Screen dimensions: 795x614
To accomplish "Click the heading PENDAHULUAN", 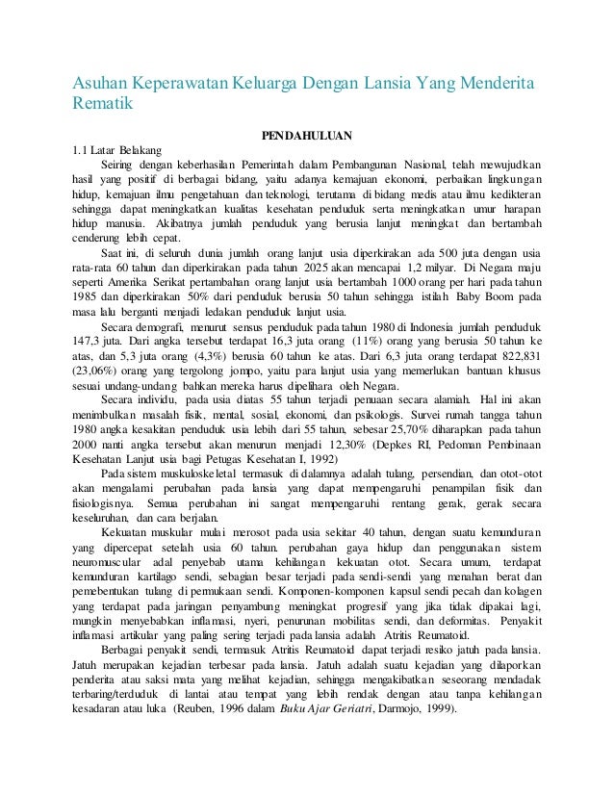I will (306, 135).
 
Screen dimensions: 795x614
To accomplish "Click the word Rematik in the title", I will (101, 106).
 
